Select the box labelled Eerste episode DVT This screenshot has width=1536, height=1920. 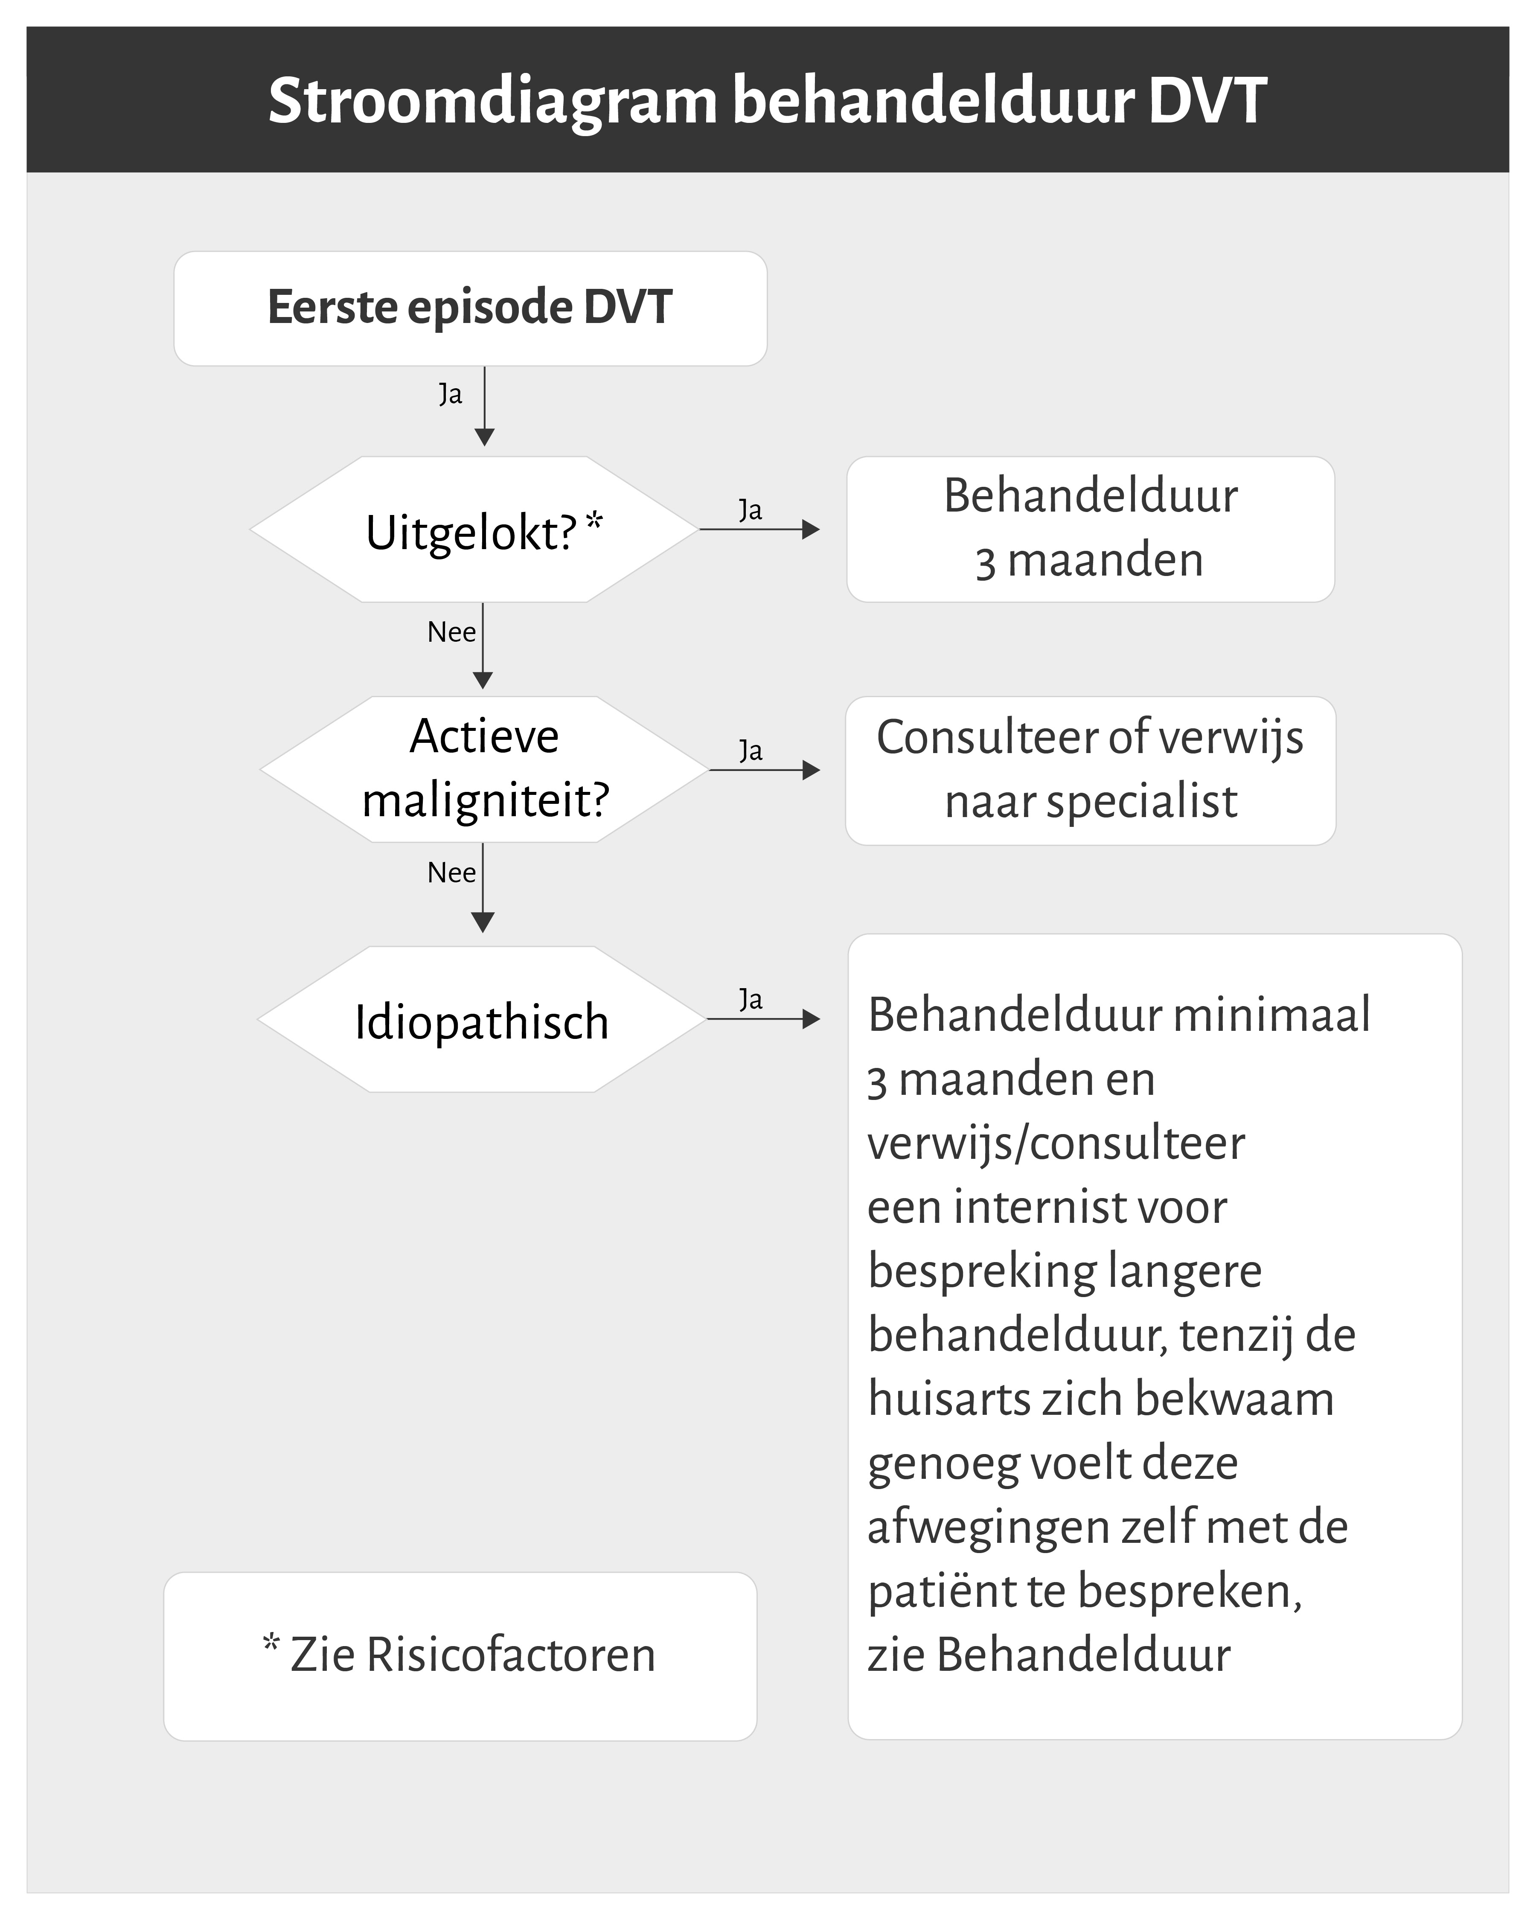point(470,308)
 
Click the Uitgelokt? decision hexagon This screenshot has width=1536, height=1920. point(474,530)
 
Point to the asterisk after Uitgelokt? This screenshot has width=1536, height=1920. point(594,521)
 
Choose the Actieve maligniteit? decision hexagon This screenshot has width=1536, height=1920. point(483,769)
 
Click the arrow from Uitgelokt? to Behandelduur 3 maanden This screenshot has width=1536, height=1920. point(759,530)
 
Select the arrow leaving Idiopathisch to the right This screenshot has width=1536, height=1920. point(763,1019)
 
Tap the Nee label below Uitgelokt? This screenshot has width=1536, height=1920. point(451,632)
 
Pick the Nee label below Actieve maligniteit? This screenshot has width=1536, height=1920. point(451,873)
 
